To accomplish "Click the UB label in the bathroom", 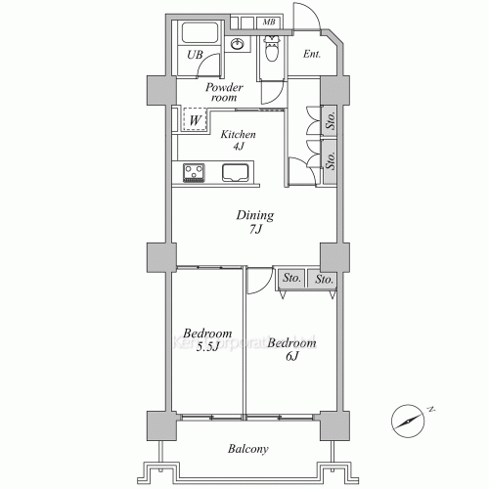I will (x=196, y=55).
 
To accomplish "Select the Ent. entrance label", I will (x=312, y=55).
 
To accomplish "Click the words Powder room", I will (x=222, y=92).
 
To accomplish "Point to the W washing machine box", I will (x=196, y=120).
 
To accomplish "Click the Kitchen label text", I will (x=238, y=135).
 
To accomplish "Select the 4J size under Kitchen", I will (x=237, y=148).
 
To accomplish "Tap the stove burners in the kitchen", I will (x=194, y=173).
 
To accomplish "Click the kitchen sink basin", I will (x=237, y=173).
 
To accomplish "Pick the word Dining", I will (x=253, y=215).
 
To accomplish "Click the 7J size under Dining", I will (x=254, y=230).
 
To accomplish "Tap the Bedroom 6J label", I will (x=290, y=350).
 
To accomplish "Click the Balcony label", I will (x=247, y=449).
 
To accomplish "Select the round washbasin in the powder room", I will (x=237, y=44).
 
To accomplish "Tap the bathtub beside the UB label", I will (x=198, y=32).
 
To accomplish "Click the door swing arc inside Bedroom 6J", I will (x=257, y=282).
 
